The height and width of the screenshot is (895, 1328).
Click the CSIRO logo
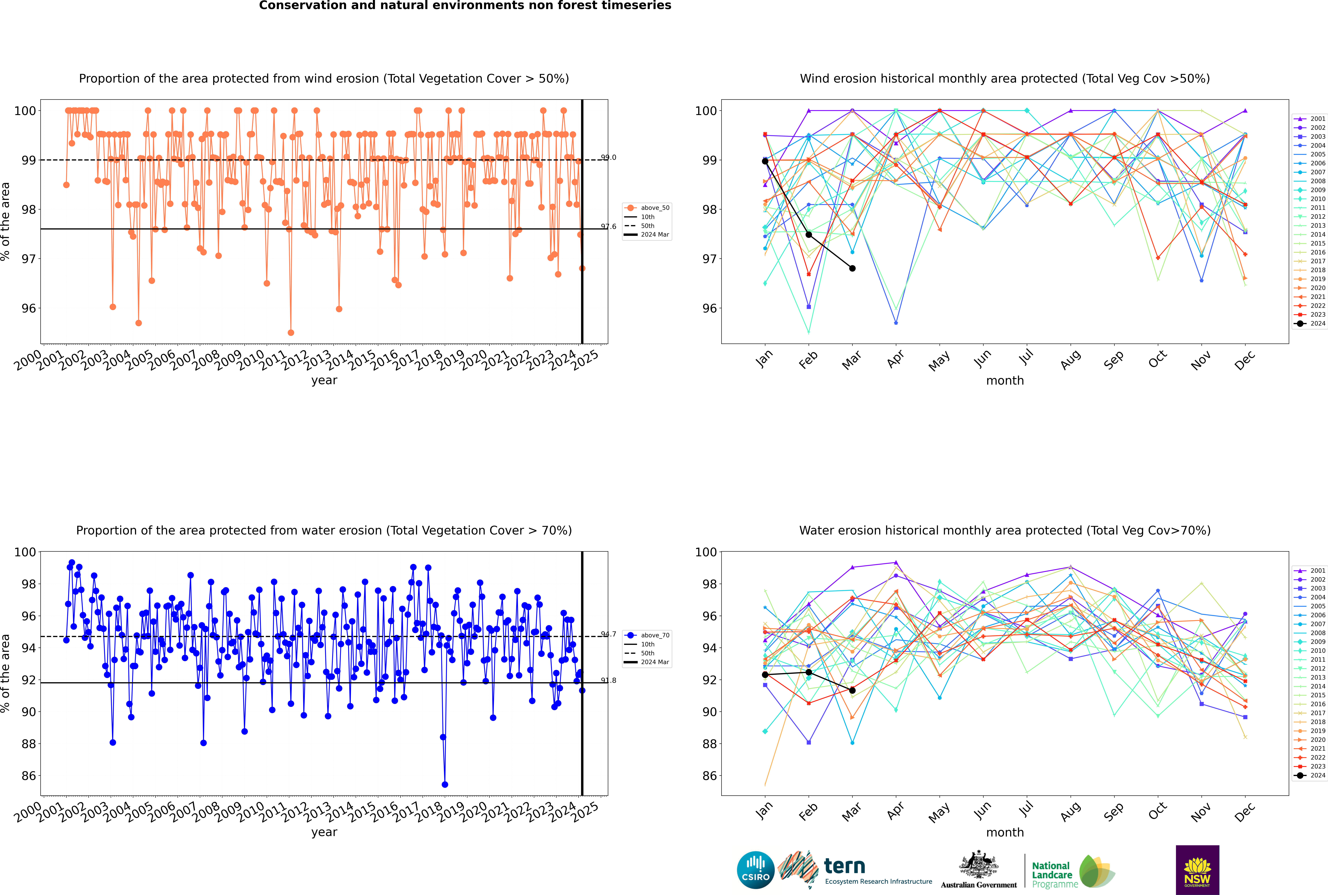(755, 870)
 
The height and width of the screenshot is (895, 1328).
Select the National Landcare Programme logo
(1072, 872)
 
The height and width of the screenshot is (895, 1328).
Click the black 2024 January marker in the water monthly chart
(765, 675)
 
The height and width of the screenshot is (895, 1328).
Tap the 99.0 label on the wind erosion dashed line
(609, 158)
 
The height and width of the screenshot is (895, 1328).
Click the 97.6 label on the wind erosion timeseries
(609, 227)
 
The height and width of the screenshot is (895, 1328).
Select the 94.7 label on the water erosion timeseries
(609, 634)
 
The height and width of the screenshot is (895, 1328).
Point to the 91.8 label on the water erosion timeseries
(609, 680)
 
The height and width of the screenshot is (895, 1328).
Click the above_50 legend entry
(654, 208)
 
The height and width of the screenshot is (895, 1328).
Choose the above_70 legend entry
(654, 635)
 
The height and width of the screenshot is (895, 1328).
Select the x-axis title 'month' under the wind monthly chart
(1005, 381)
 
